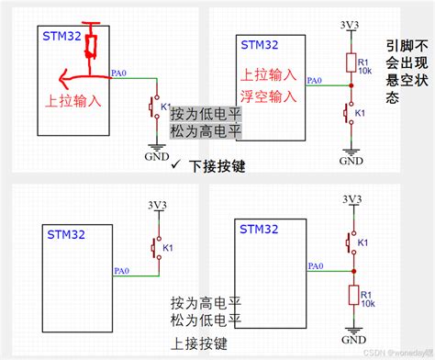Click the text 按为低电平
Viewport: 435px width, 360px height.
[x=206, y=114]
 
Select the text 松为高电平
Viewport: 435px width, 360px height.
[x=206, y=131]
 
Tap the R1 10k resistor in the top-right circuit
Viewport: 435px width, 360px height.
[x=351, y=62]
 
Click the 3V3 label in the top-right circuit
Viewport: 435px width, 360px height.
[x=351, y=25]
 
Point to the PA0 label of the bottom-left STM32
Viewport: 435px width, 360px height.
[x=120, y=269]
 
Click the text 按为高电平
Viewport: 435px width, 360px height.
[x=206, y=303]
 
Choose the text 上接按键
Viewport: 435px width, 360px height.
[x=199, y=343]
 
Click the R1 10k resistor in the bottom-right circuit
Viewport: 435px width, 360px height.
[x=351, y=295]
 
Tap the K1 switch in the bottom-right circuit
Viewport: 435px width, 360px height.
[x=350, y=242]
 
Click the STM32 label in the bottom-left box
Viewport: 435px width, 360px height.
[x=66, y=235]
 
